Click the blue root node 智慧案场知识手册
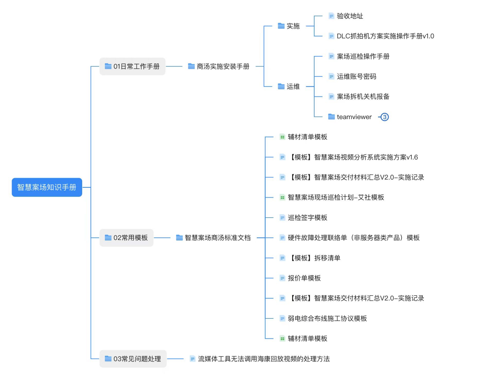pyautogui.click(x=47, y=187)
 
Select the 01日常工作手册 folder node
pyautogui.click(x=132, y=66)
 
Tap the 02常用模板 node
pyautogui.click(x=126, y=238)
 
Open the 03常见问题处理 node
pyautogui.click(x=133, y=359)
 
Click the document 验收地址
pyautogui.click(x=350, y=16)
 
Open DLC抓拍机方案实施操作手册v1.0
pyautogui.click(x=385, y=36)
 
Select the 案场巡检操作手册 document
pyautogui.click(x=363, y=56)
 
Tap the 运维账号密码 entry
pyautogui.click(x=356, y=76)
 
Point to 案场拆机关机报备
pyautogui.click(x=363, y=97)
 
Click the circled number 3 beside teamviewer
pyautogui.click(x=385, y=117)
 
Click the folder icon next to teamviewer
pyautogui.click(x=331, y=117)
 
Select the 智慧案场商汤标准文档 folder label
pyautogui.click(x=217, y=238)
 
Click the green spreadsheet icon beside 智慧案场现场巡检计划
pyautogui.click(x=282, y=197)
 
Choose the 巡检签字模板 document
pyautogui.click(x=307, y=218)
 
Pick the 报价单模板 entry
pyautogui.click(x=304, y=278)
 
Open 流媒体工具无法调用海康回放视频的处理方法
pyautogui.click(x=263, y=359)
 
